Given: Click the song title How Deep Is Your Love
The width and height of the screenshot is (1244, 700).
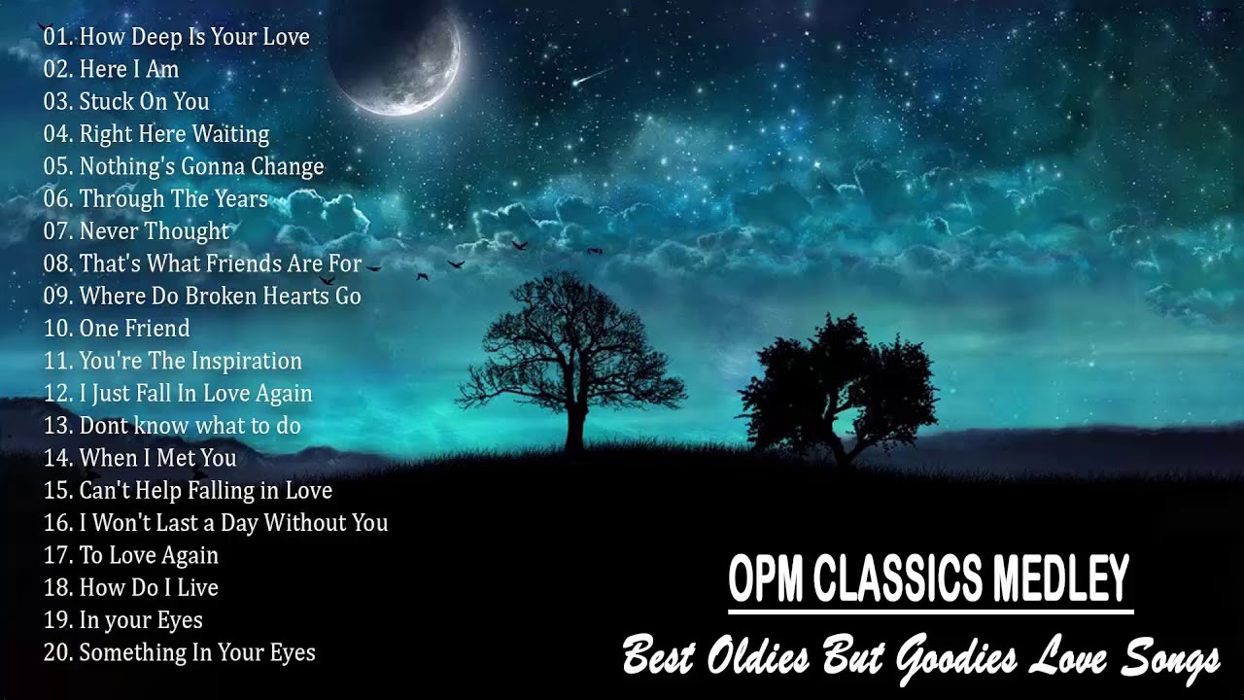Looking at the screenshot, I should (194, 37).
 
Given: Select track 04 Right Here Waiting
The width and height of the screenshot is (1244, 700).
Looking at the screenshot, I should (174, 134).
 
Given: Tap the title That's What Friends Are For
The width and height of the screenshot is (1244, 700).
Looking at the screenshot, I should (221, 263).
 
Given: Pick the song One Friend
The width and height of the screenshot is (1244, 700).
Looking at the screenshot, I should (134, 329).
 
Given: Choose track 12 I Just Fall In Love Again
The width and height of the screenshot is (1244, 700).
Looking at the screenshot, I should (195, 394).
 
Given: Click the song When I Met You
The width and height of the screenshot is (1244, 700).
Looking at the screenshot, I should (157, 458).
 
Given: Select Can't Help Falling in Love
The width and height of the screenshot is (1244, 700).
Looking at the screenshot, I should (205, 491).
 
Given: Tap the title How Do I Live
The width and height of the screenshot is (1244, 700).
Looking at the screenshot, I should (149, 588).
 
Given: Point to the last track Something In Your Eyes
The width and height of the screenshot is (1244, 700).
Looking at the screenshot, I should (197, 652).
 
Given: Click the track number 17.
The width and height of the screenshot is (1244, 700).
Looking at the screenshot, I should (57, 556).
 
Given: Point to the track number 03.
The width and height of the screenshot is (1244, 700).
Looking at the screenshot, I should (57, 102).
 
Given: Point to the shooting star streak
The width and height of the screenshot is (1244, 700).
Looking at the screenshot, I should (592, 76).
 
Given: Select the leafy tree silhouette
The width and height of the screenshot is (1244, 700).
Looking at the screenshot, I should (836, 384).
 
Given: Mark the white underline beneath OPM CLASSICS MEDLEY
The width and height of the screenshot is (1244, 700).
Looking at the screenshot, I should (930, 612).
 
